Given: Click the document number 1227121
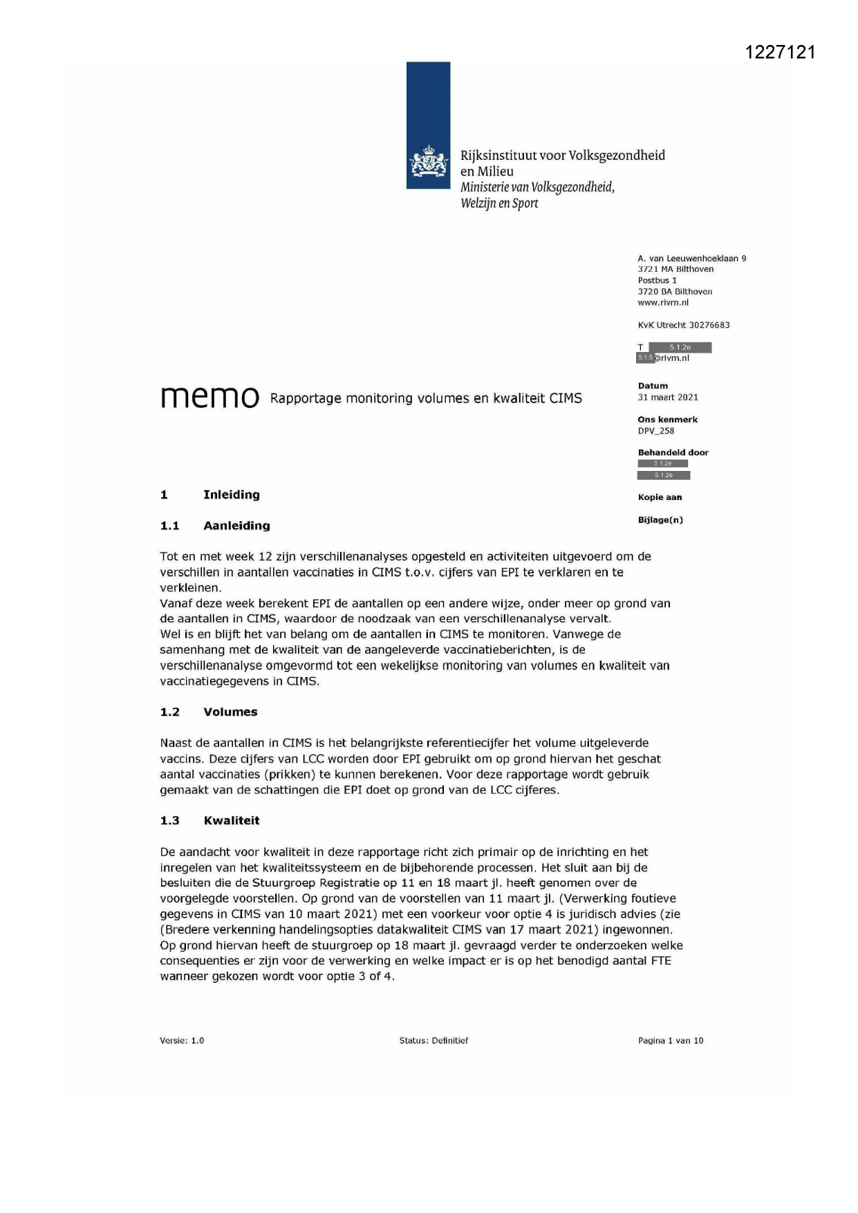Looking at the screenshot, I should [781, 53].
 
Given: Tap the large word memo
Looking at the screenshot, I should [209, 397].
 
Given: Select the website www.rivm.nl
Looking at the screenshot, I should [663, 302].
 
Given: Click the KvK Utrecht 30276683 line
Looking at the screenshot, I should [683, 325].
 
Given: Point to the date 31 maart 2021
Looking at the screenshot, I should [667, 397].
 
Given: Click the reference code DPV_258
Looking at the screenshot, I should [655, 430].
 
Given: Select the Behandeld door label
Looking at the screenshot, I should [673, 452].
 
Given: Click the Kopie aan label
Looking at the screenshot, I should [660, 497].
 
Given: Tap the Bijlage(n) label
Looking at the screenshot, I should [660, 519].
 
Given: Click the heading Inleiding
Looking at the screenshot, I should [231, 494].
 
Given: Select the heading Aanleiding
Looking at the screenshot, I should [236, 526].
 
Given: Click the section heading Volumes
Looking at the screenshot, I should [230, 712].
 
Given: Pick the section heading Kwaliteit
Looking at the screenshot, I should [232, 820].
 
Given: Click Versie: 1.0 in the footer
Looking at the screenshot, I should [182, 1040].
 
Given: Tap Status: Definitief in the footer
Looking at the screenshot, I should [433, 1040].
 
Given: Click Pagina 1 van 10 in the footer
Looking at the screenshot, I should [670, 1040].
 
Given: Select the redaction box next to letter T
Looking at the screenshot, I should [680, 347].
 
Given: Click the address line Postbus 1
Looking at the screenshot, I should [657, 280].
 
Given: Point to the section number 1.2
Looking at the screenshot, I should [169, 712].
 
